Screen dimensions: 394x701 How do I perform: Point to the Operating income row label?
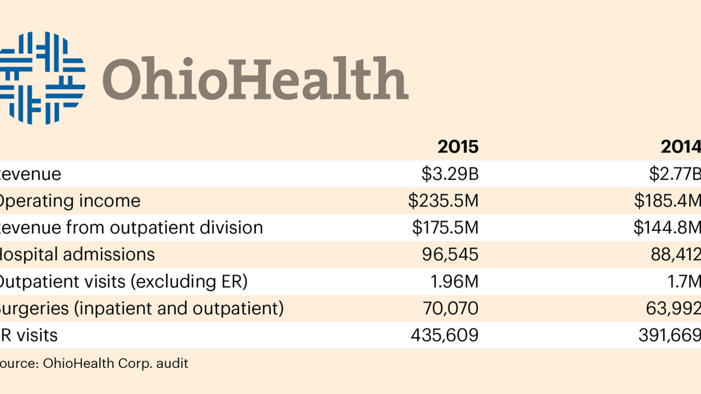69,201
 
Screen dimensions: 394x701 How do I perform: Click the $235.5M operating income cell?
443,201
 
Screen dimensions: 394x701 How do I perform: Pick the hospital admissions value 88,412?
675,255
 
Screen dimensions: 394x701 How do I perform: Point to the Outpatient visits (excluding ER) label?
123,282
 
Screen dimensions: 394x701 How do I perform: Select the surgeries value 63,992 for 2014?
675,309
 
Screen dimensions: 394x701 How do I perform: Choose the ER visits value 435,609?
445,336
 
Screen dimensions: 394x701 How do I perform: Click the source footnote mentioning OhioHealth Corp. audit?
93,363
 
